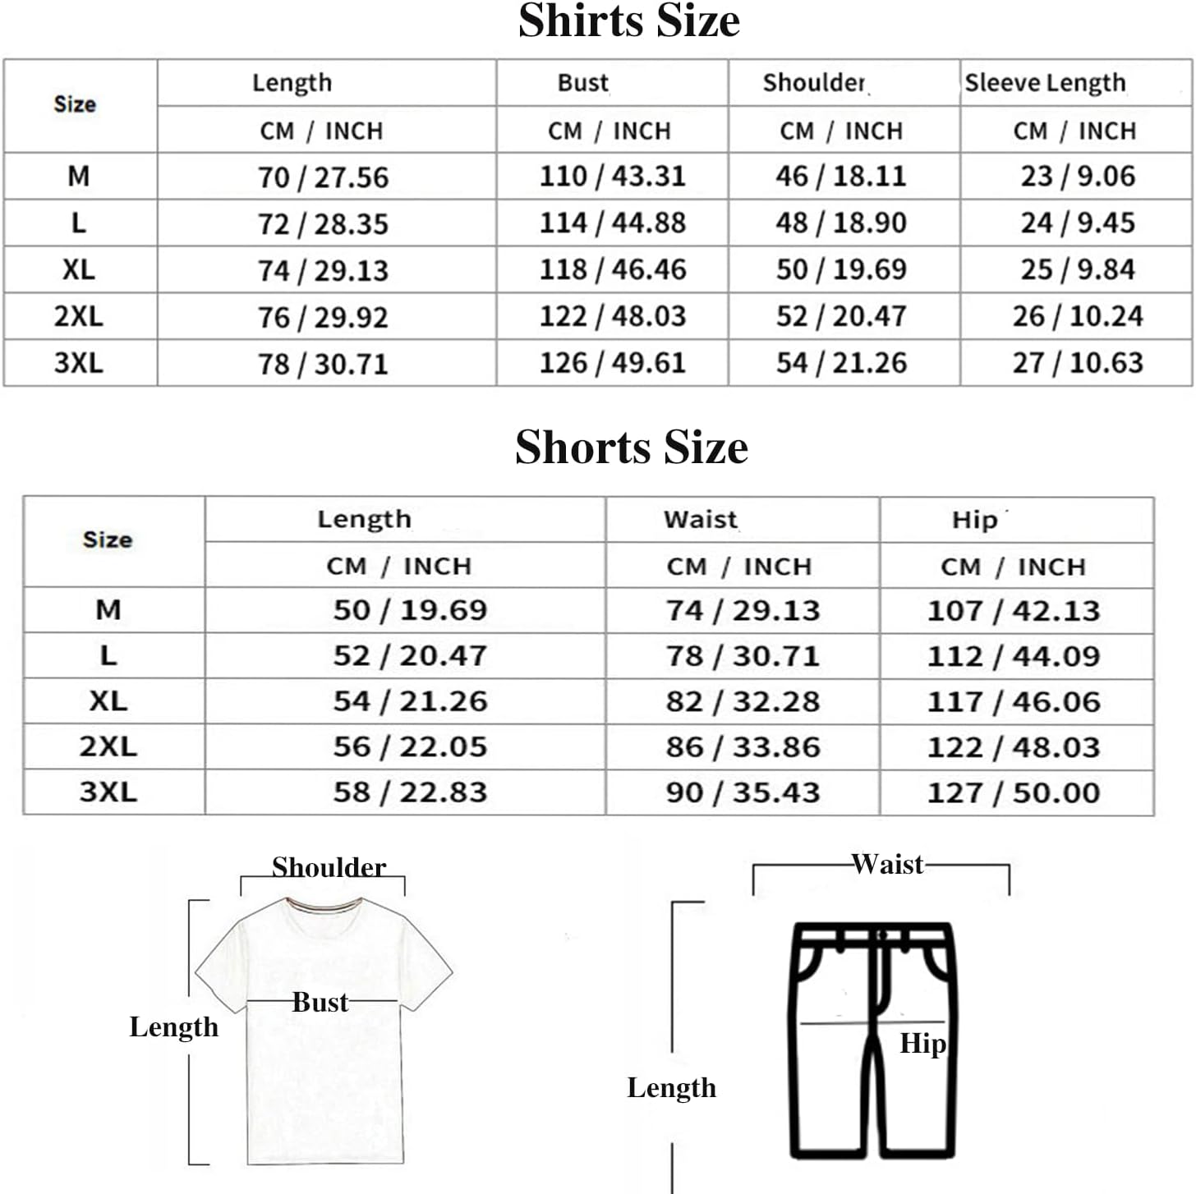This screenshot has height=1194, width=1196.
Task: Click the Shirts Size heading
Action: click(628, 21)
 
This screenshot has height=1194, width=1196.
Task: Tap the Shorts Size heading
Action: click(631, 448)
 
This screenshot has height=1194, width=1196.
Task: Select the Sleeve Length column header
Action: click(1045, 83)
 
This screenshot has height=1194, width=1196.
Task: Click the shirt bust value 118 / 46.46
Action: click(612, 269)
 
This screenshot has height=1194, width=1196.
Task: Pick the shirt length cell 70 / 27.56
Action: click(323, 177)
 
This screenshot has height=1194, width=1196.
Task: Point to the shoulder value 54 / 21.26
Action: click(841, 363)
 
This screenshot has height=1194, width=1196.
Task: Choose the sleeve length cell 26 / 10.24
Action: click(1077, 316)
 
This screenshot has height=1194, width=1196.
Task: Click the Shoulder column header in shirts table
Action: click(814, 83)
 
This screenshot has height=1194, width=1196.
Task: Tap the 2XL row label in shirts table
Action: click(79, 316)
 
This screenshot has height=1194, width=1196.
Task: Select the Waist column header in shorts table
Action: click(701, 520)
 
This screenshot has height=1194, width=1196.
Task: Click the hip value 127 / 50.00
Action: click(1013, 792)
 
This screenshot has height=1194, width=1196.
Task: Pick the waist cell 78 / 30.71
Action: click(743, 656)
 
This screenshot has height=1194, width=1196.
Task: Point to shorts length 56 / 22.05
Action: click(410, 746)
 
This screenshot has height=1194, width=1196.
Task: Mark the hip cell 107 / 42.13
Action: click(1013, 611)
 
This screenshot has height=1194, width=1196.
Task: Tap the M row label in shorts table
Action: click(108, 610)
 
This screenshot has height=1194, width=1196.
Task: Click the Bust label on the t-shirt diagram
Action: click(320, 1003)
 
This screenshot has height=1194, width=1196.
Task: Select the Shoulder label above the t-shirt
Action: click(329, 867)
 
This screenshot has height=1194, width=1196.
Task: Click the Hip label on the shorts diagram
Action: click(922, 1044)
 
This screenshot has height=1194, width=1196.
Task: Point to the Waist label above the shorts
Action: click(887, 864)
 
